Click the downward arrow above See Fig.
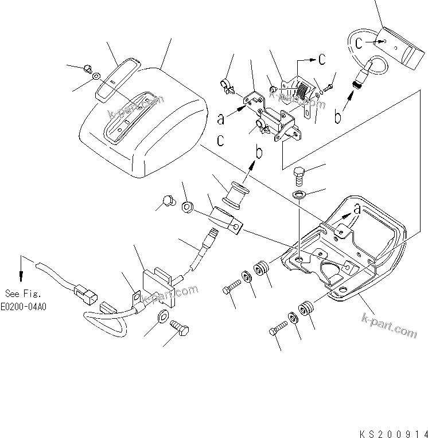click(22, 265)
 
